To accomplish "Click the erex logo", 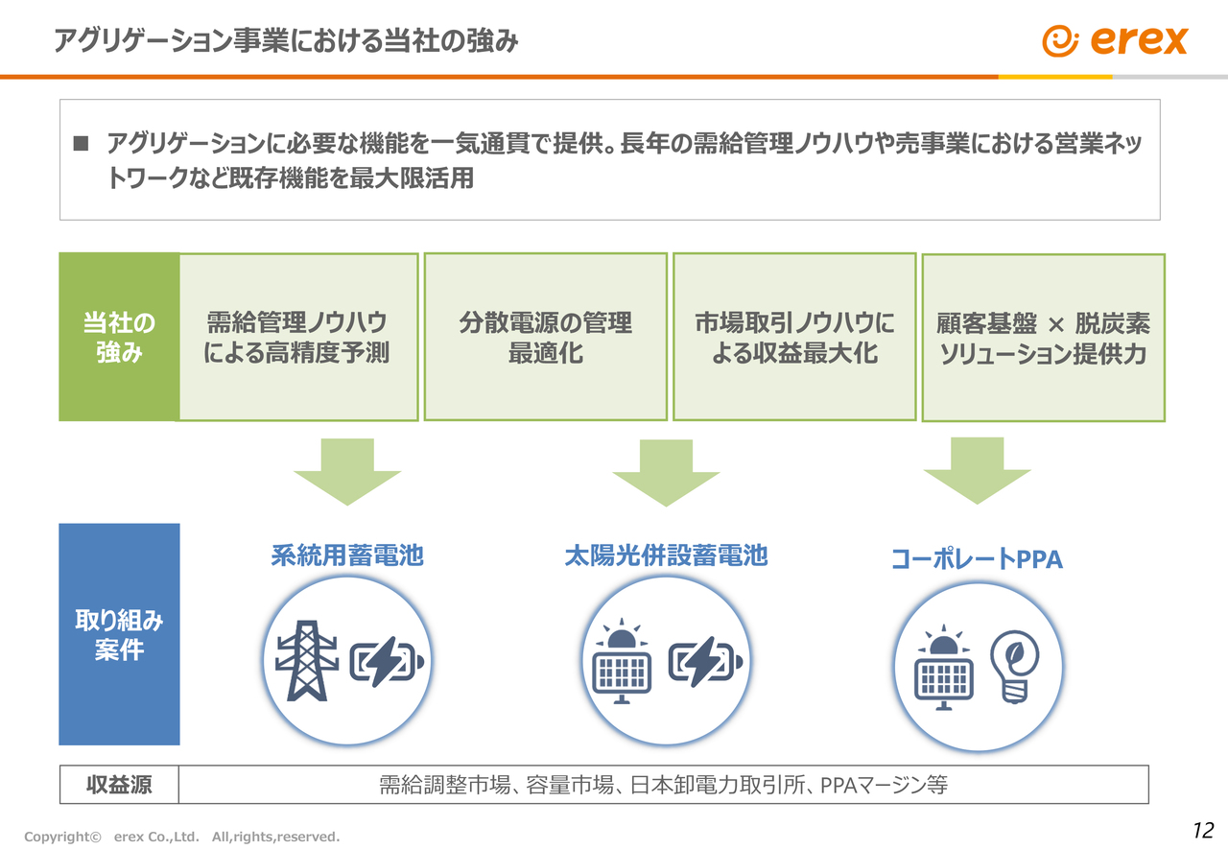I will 1115,40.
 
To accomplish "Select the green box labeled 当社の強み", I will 119,337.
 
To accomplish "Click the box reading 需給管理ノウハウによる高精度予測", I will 297,337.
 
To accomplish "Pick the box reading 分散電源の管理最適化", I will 545,337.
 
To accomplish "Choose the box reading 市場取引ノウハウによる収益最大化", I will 794,337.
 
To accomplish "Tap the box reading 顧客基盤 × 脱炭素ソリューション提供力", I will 1043,338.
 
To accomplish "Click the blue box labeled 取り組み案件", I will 119,634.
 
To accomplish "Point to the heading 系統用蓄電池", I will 346,555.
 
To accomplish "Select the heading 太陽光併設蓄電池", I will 666,555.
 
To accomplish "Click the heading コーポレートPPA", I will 977,559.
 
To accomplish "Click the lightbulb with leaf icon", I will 1014,667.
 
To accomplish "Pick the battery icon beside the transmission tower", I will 390,663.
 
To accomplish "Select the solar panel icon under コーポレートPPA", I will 944,668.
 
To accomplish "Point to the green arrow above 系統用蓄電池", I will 346,470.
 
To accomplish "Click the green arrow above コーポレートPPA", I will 977,469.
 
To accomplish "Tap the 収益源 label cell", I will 119,786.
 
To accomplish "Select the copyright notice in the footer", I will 182,837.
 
